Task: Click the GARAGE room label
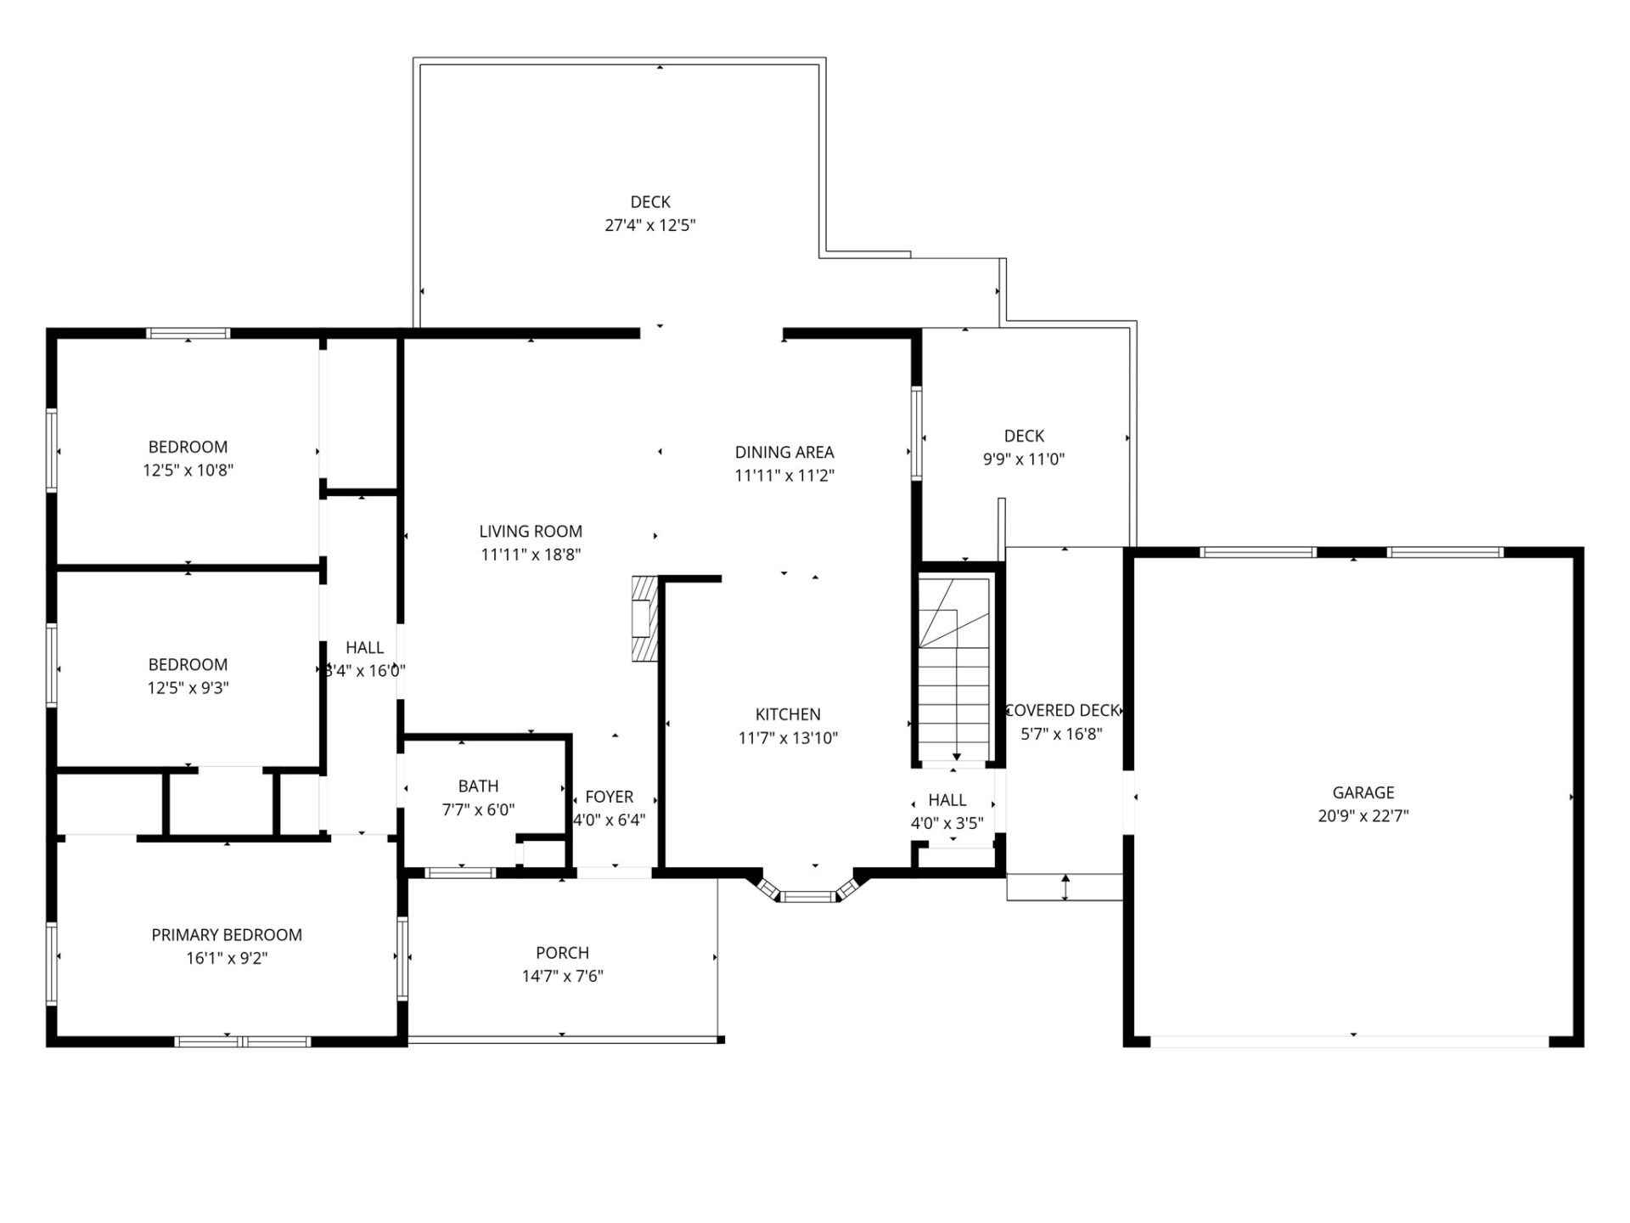click(x=1363, y=792)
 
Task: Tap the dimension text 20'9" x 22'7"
click(x=1363, y=816)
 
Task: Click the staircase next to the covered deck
click(x=955, y=671)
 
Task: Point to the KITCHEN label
click(x=788, y=714)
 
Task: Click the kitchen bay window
click(x=807, y=895)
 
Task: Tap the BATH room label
click(x=478, y=786)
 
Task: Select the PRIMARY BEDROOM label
click(x=227, y=935)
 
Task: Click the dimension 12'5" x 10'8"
click(x=188, y=471)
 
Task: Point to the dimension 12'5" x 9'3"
click(x=188, y=688)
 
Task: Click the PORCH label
click(x=562, y=953)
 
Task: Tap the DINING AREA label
click(x=784, y=452)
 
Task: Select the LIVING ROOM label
click(x=531, y=532)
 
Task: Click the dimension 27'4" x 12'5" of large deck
click(x=650, y=225)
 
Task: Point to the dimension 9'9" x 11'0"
click(x=1024, y=459)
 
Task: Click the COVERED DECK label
click(x=1062, y=711)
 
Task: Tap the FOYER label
click(x=609, y=797)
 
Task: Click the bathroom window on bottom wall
click(x=459, y=872)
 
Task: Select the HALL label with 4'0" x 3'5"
click(x=947, y=800)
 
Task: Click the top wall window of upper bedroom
click(x=188, y=333)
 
